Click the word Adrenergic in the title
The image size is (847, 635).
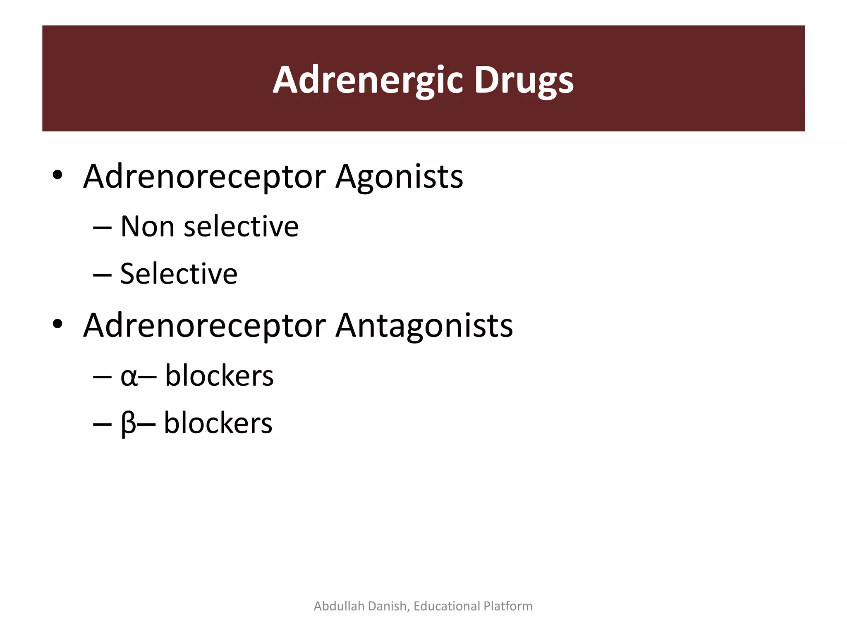click(x=367, y=80)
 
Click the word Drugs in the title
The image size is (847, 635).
click(x=524, y=80)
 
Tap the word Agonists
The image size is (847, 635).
click(x=399, y=177)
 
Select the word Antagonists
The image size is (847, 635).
click(x=424, y=325)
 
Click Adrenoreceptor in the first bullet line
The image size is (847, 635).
click(x=205, y=177)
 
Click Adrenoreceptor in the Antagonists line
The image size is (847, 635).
click(x=205, y=325)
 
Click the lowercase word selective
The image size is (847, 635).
click(x=241, y=227)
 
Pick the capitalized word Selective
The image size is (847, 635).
click(x=179, y=274)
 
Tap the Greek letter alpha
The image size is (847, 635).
click(x=129, y=377)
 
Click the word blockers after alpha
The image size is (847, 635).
click(x=219, y=376)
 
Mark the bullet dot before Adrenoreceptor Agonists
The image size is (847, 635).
click(x=57, y=175)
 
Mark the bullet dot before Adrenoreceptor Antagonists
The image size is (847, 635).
click(x=57, y=324)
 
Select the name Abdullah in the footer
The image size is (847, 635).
click(x=339, y=606)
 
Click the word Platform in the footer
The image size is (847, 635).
click(x=508, y=606)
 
